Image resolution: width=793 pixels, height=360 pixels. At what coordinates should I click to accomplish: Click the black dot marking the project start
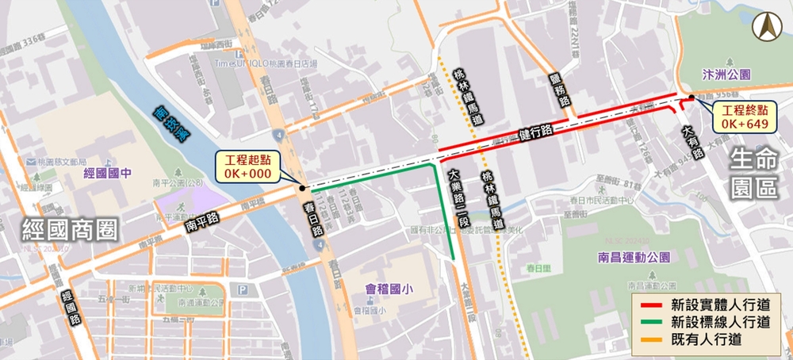tap(301, 188)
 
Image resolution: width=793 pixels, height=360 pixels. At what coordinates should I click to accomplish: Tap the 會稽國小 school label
tap(374, 289)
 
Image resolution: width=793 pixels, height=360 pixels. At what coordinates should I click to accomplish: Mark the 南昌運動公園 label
tap(634, 258)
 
